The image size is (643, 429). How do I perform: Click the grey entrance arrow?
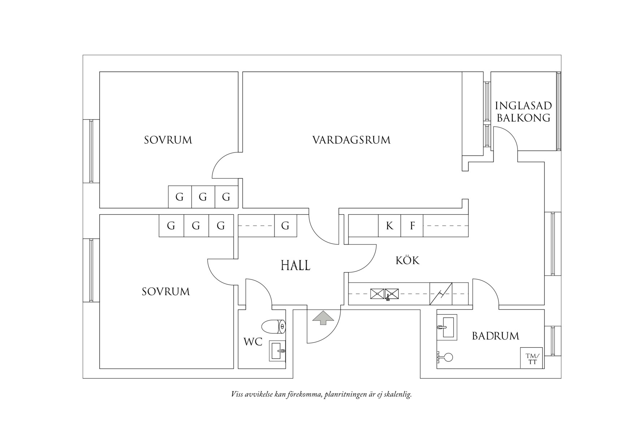click(323, 318)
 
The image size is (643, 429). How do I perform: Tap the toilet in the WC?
click(273, 327)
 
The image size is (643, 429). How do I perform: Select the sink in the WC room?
click(277, 351)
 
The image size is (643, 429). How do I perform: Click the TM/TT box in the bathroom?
click(532, 358)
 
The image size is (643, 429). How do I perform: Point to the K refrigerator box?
click(389, 226)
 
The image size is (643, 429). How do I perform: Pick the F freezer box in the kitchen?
click(412, 226)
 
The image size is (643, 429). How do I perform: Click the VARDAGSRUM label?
click(351, 140)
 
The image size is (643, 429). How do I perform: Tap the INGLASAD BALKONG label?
click(523, 112)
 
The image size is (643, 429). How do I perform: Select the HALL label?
click(295, 266)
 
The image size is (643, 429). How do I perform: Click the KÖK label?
click(407, 260)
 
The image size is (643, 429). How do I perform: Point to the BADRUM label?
click(495, 336)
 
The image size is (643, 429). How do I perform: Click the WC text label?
click(253, 342)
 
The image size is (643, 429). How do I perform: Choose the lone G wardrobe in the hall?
click(285, 226)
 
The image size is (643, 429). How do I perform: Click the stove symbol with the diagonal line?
click(441, 294)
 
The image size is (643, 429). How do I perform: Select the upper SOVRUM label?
click(168, 140)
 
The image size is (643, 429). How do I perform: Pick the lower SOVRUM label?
click(165, 292)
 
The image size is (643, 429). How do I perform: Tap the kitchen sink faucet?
click(388, 298)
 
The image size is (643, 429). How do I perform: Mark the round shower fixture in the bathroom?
click(448, 357)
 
